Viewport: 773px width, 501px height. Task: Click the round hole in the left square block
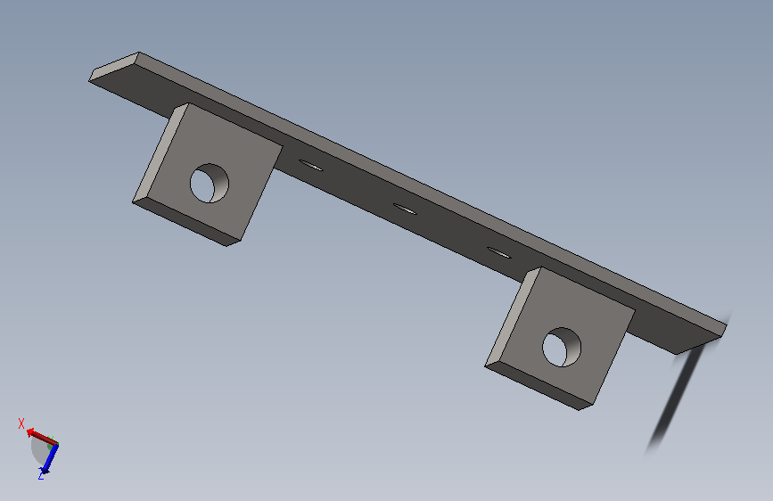click(210, 183)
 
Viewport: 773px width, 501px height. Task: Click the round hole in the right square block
click(562, 347)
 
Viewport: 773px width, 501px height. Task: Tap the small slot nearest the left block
click(311, 165)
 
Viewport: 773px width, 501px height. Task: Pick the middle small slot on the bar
click(405, 209)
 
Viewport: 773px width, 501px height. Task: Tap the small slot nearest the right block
click(499, 253)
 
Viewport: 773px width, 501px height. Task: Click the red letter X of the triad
click(21, 423)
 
